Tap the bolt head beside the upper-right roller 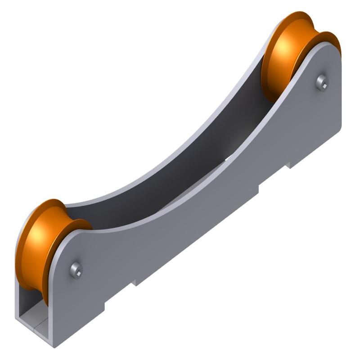(322, 82)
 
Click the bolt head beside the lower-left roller (76, 270)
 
